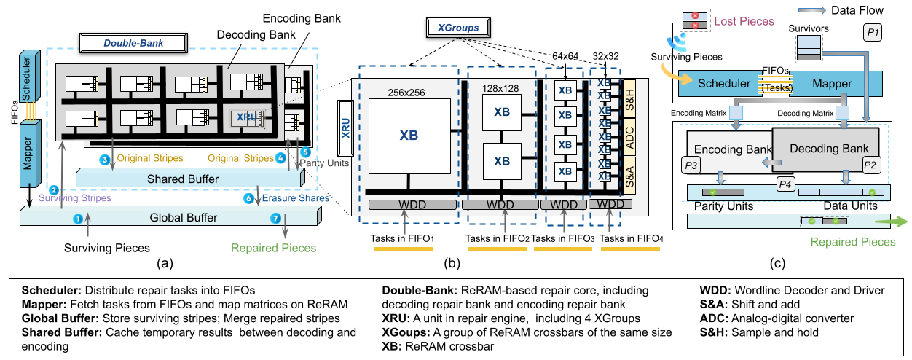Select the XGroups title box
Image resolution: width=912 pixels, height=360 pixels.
(x=457, y=28)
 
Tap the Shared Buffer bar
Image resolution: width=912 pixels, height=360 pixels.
(x=189, y=179)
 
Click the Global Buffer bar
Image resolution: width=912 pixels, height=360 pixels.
(x=173, y=217)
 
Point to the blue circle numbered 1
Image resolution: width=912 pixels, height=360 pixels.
(x=78, y=217)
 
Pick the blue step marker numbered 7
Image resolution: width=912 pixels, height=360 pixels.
(x=275, y=217)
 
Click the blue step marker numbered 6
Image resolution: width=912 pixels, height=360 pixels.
(x=248, y=197)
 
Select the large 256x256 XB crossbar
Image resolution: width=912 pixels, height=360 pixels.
(x=408, y=136)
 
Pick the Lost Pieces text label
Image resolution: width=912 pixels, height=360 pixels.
(x=743, y=21)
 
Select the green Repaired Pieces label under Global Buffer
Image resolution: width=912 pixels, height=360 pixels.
(x=273, y=248)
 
